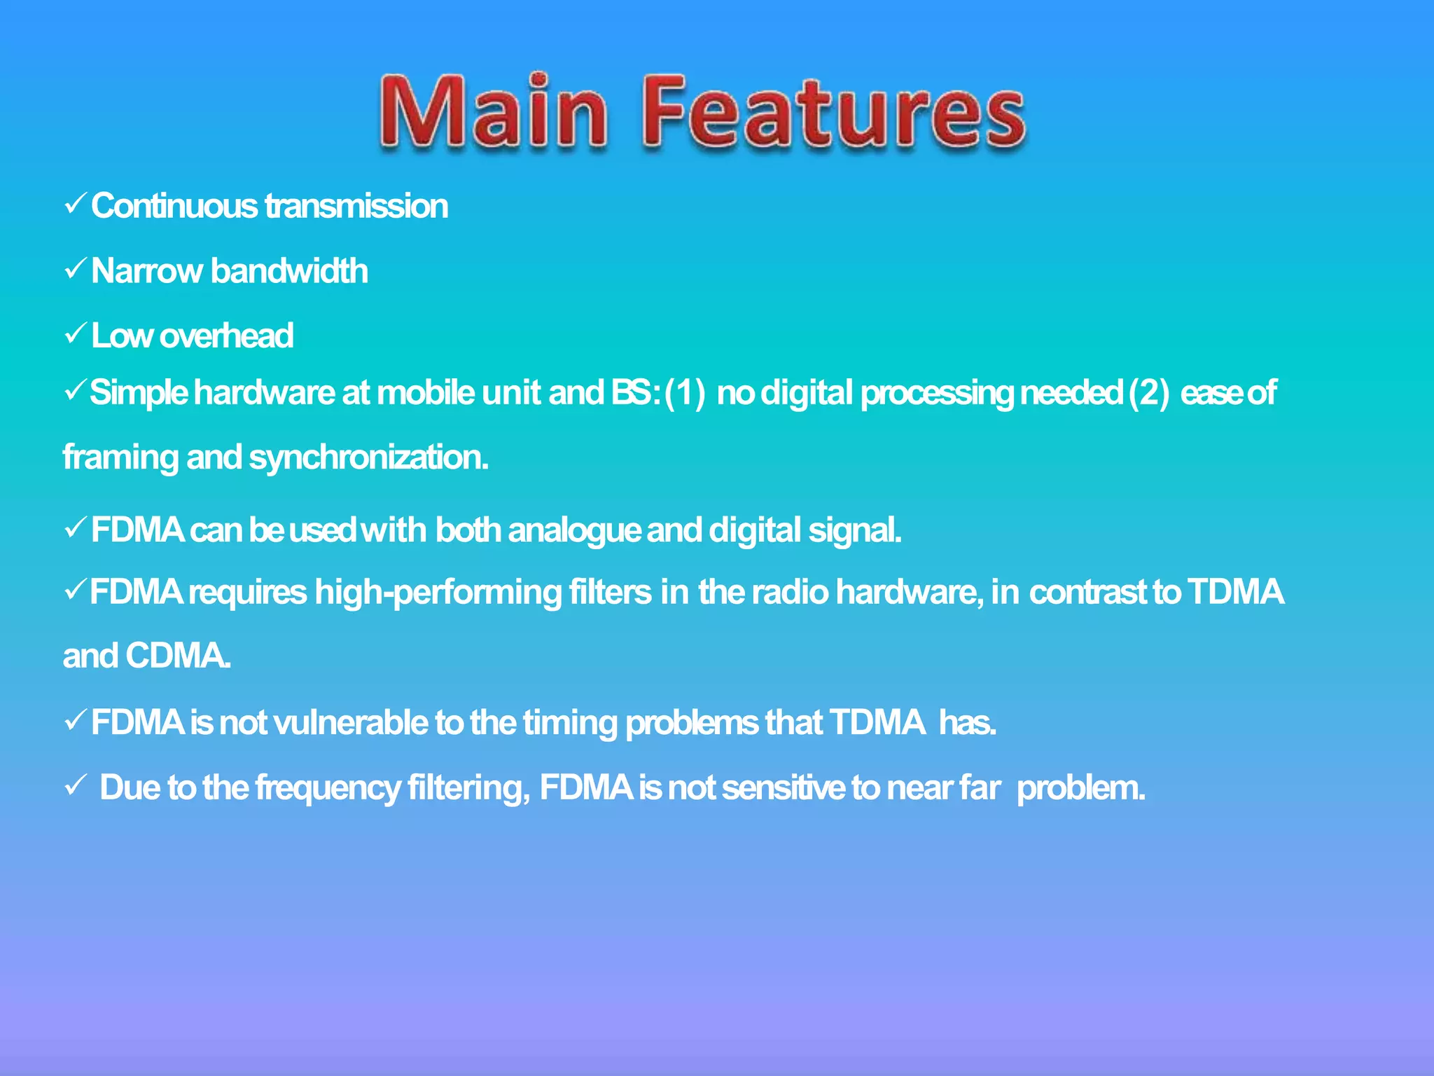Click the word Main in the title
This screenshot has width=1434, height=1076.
tap(494, 112)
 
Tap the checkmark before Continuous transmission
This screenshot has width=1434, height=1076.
tap(75, 204)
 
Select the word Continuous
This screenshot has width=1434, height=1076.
tap(174, 207)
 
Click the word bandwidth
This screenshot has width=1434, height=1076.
tap(289, 271)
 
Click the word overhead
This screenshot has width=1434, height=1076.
tap(226, 336)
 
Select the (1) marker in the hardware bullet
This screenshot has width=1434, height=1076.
tap(685, 393)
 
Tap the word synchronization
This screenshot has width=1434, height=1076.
tap(368, 458)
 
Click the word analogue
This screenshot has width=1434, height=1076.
tap(574, 530)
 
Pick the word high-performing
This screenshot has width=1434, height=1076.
tap(438, 593)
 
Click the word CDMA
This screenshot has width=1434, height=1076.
tap(178, 656)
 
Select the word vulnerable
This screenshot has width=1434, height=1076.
tap(350, 723)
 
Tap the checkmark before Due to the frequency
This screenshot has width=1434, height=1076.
tap(75, 785)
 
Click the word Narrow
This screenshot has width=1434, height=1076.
tap(146, 271)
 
